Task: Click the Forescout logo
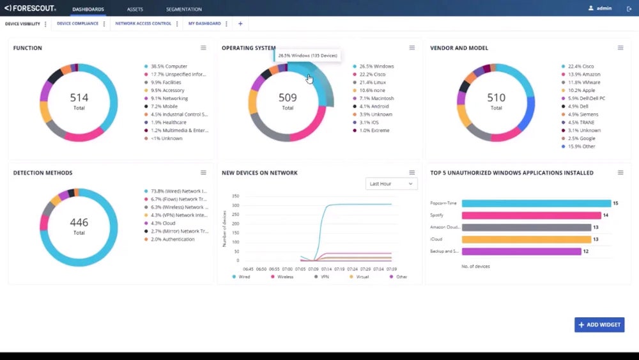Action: [30, 9]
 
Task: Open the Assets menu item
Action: [135, 10]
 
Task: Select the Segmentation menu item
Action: [183, 10]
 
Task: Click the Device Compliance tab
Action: [77, 24]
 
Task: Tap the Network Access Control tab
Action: [143, 24]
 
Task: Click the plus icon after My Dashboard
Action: [240, 24]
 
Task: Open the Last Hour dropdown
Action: [391, 184]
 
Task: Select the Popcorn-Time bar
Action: [535, 203]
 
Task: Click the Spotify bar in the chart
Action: [531, 215]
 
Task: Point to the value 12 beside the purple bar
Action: [586, 251]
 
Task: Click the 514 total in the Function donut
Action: [79, 98]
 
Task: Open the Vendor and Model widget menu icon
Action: [620, 48]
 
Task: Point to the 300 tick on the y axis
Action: [235, 205]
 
